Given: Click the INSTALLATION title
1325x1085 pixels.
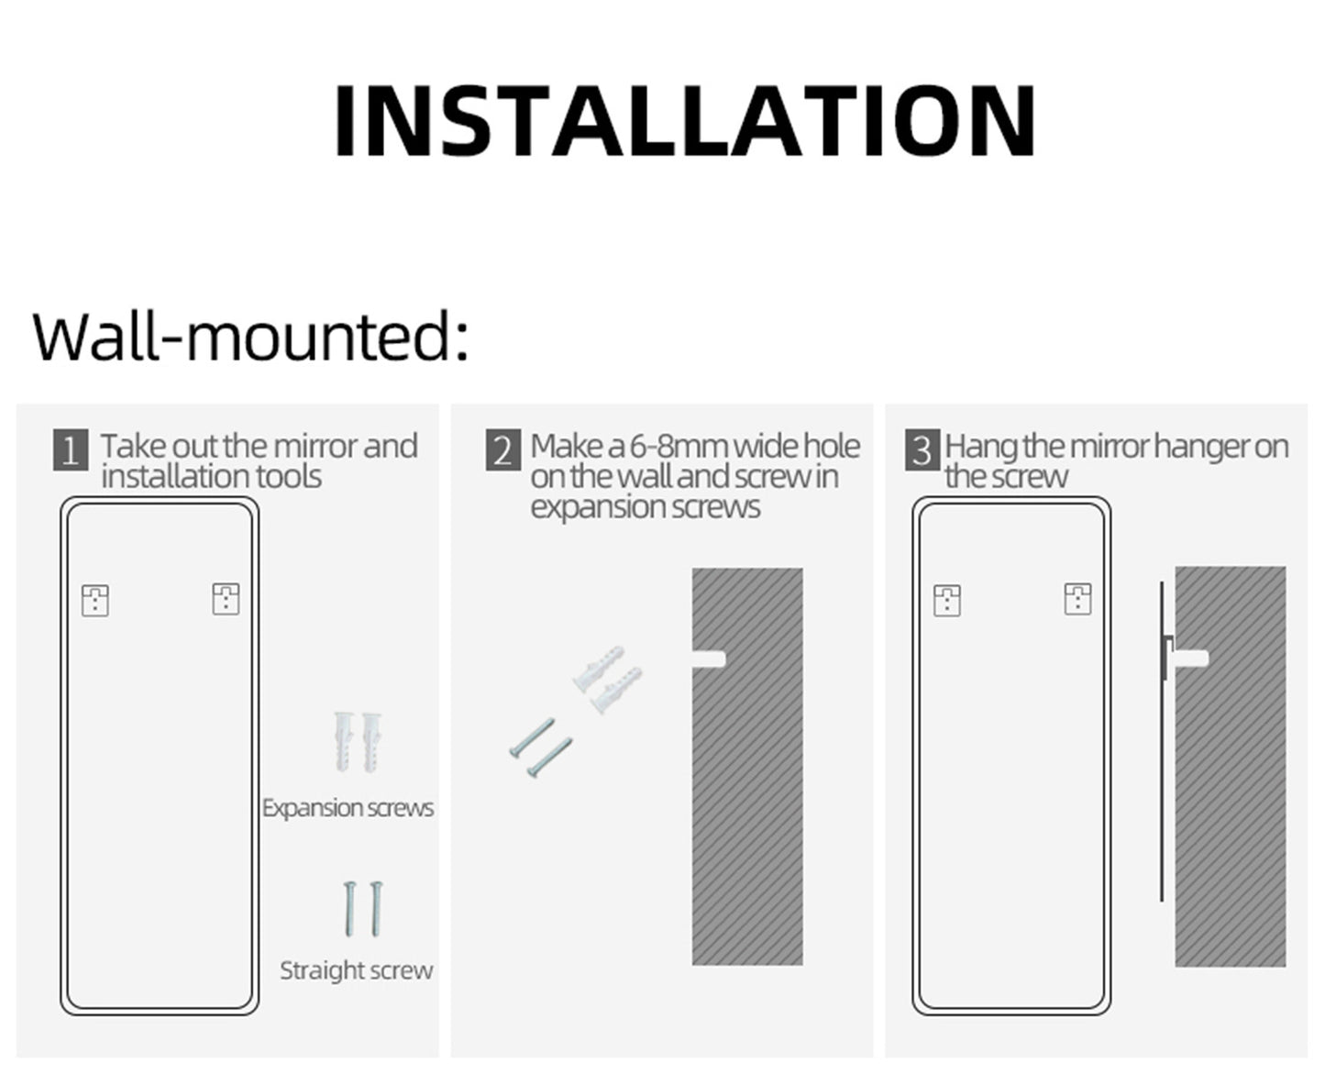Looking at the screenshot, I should click(x=685, y=121).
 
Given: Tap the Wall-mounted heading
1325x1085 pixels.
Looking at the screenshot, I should click(x=250, y=336).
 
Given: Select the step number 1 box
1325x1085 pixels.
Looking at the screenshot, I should click(x=71, y=451).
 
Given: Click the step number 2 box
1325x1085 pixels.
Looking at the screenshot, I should click(x=502, y=451).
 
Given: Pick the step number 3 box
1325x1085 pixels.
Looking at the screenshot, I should click(x=922, y=451).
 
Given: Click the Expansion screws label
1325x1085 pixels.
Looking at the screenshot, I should click(x=348, y=808).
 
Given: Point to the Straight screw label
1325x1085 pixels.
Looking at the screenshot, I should click(x=356, y=970).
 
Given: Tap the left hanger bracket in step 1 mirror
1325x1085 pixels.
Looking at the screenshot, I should click(x=95, y=600).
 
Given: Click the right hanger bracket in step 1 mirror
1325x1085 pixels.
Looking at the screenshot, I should click(x=226, y=599).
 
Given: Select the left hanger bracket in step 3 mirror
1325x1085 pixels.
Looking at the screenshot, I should click(x=947, y=600).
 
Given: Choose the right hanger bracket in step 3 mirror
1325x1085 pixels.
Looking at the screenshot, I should click(x=1077, y=599).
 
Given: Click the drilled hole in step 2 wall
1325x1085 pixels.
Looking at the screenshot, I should click(x=710, y=659).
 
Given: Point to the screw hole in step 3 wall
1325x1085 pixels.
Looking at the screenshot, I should click(x=1193, y=658).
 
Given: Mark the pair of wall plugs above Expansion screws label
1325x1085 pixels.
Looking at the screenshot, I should click(x=358, y=740).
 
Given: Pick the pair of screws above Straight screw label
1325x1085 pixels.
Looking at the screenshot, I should click(x=363, y=908).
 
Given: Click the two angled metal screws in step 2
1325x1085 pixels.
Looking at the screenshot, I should click(x=541, y=748).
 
